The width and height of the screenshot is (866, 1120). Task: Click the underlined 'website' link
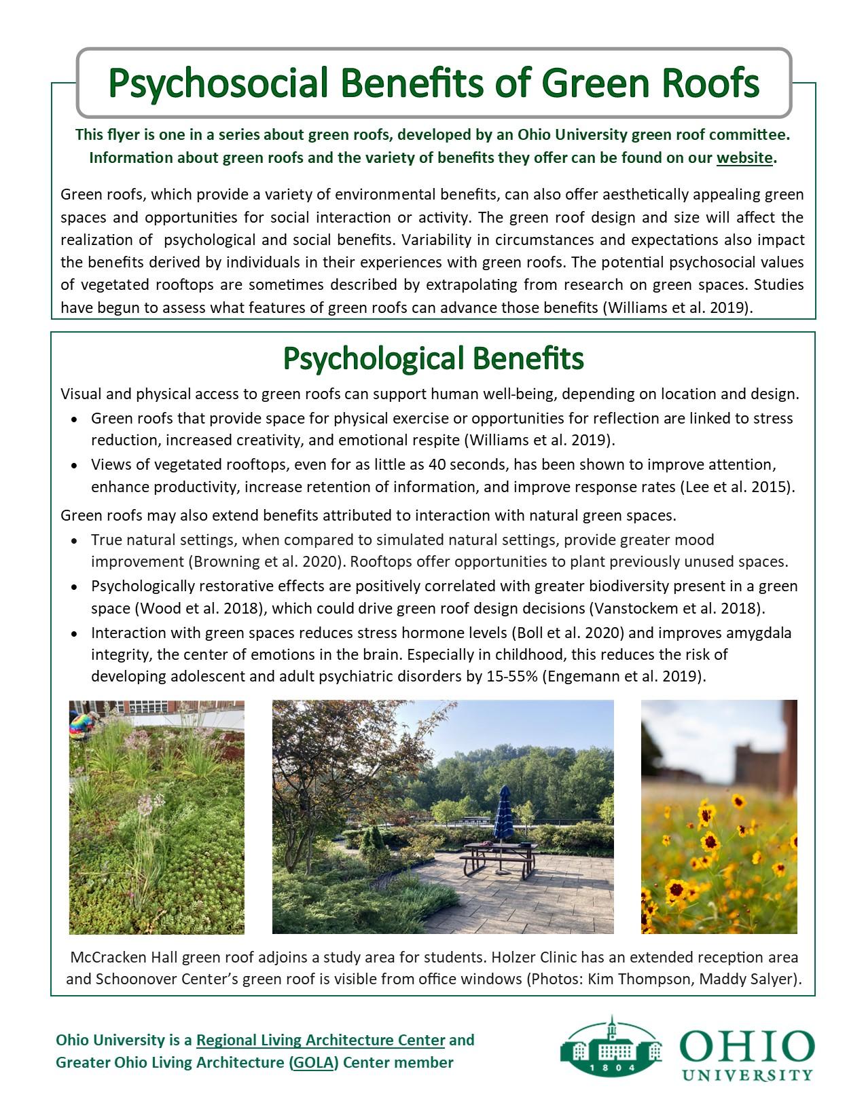(744, 158)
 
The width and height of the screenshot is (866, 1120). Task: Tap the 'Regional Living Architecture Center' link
(321, 1040)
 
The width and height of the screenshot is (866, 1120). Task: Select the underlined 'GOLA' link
(312, 1062)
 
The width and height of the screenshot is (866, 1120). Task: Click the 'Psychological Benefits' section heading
(433, 358)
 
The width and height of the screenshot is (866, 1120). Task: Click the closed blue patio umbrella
(504, 815)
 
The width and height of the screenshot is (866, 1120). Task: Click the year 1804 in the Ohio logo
(611, 1068)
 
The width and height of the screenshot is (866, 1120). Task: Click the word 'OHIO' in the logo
(747, 1047)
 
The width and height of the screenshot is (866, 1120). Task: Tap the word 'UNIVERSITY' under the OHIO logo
(747, 1075)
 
